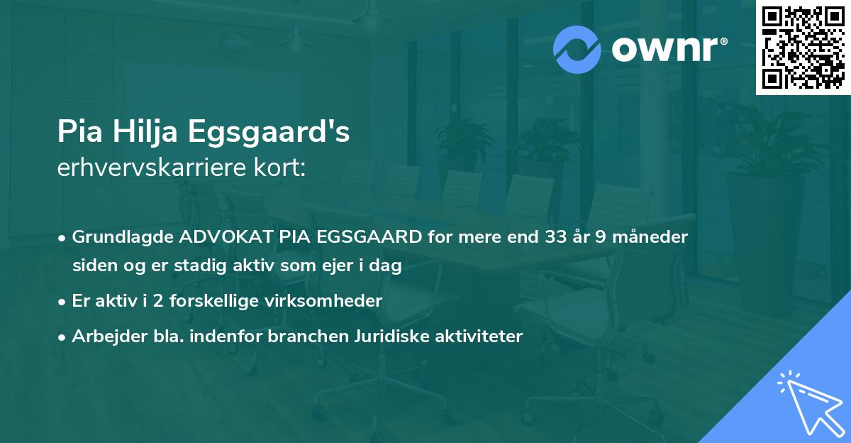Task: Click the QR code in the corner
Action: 803,48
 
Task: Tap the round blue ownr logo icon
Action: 577,49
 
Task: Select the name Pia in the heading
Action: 77,132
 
